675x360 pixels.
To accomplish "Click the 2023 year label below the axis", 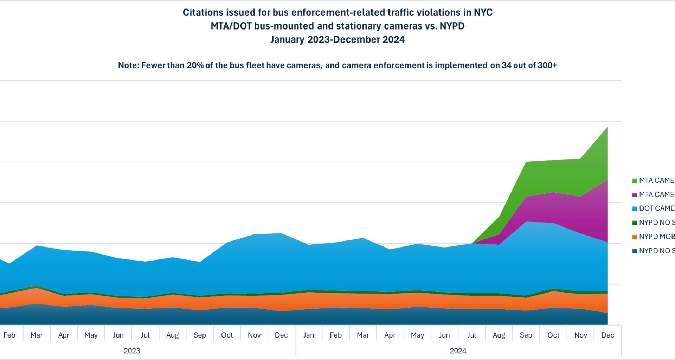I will pos(132,351).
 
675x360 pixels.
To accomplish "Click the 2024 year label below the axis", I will pos(458,351).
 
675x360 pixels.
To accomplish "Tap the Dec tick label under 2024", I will pos(607,335).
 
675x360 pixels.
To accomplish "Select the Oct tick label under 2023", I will pos(227,335).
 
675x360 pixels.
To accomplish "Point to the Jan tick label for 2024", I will pos(309,335).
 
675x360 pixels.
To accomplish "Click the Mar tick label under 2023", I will pos(37,335).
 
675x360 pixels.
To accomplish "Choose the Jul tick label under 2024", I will pos(471,335).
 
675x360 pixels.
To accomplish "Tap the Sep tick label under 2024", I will pos(526,335).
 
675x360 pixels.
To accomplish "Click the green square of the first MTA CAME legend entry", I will pos(635,181).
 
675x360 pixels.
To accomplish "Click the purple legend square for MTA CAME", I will pos(635,195).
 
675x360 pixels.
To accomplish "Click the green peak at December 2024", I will pos(607,128).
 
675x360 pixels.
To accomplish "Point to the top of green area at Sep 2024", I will pos(526,163).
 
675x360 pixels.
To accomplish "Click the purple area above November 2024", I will pos(580,214).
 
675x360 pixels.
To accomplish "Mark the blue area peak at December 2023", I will pos(281,234).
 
